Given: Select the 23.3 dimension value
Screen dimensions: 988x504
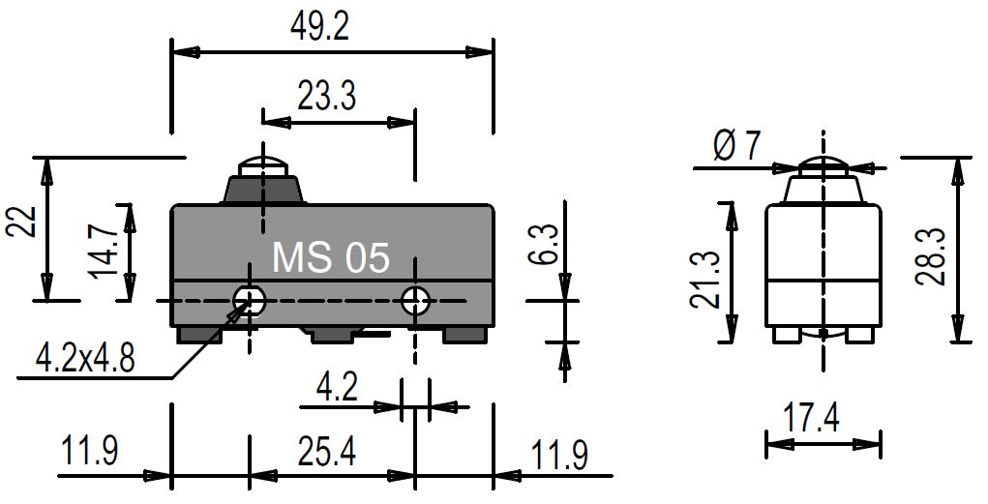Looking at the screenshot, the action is [327, 97].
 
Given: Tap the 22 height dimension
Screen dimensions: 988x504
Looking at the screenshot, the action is [20, 222].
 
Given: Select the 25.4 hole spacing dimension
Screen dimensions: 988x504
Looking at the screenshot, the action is [327, 451].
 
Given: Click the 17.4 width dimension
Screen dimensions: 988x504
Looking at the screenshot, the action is [811, 418].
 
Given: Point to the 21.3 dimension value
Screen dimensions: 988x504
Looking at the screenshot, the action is [704, 280].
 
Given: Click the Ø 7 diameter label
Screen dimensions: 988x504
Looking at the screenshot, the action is [737, 147].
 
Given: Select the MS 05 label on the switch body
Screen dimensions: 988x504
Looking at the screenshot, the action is [331, 257].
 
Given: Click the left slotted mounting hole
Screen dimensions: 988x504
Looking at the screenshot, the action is [250, 301].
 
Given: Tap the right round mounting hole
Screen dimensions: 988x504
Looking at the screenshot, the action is [415, 301].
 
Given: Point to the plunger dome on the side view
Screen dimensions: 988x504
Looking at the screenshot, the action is [823, 167].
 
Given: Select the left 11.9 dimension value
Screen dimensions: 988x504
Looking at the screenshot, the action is [89, 451].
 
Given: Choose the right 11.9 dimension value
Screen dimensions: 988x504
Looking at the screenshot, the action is [559, 456].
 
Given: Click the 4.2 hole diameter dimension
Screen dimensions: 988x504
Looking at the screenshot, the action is [337, 387].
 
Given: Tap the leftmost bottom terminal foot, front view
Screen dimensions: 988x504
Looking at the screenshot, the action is [199, 335].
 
